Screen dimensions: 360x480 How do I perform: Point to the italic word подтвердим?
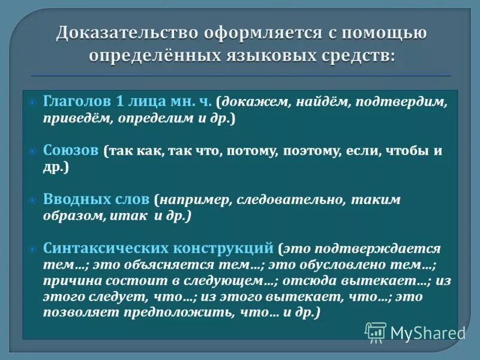click(400, 103)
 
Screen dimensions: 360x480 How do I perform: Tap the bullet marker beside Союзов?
click(34, 151)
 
